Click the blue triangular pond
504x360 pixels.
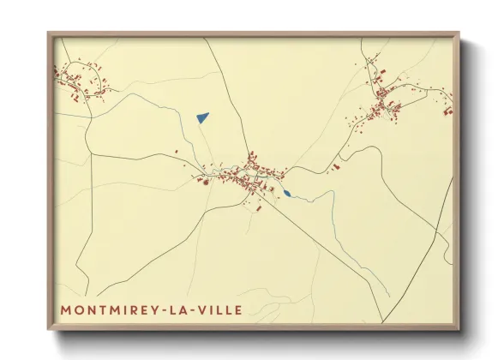[x=202, y=117]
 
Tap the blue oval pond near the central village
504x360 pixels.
[x=288, y=194]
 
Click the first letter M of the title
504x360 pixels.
[x=66, y=309]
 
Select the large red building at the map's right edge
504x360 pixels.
[x=447, y=110]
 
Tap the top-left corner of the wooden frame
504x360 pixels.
[x=50, y=34]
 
